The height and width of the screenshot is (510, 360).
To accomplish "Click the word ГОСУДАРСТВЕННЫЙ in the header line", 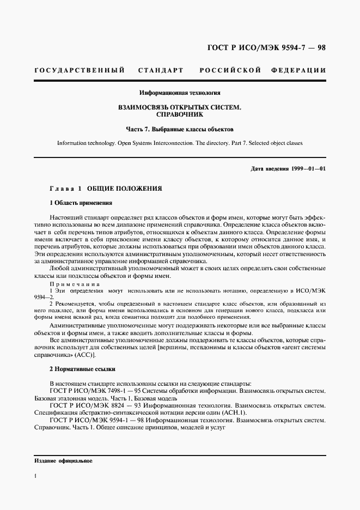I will (x=80, y=70).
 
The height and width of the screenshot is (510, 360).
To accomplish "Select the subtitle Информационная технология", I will (x=180, y=93).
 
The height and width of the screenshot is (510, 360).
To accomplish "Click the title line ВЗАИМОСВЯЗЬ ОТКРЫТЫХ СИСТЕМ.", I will (x=180, y=108).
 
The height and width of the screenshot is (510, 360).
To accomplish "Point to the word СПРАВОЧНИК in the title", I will (x=180, y=116).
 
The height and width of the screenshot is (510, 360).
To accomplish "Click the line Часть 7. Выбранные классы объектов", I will (x=180, y=130).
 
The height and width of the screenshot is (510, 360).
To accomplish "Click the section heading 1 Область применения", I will (x=81, y=203).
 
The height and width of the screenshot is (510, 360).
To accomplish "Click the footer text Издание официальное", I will (x=63, y=461).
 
